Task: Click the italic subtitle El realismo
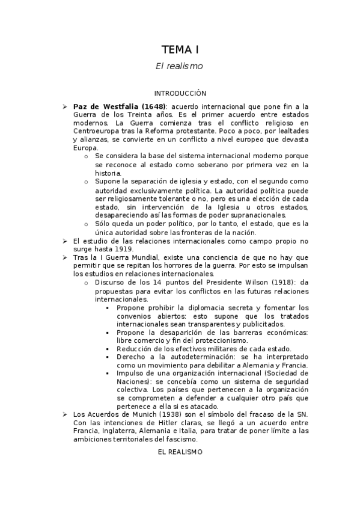(x=180, y=66)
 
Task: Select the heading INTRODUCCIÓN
(x=180, y=93)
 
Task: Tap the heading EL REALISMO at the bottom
(x=180, y=452)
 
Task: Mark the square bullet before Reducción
(x=108, y=349)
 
